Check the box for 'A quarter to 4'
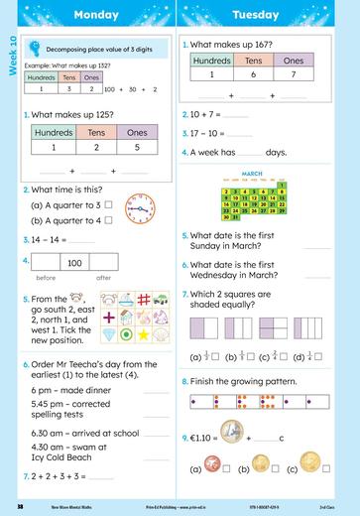click(108, 220)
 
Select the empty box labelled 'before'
click(46, 263)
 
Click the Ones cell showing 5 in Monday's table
click(138, 147)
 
